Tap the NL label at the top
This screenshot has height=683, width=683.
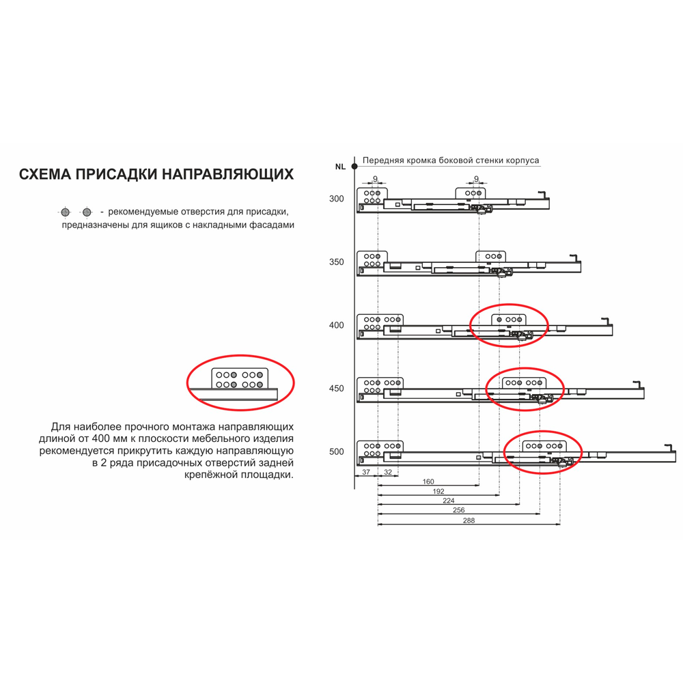tap(340, 167)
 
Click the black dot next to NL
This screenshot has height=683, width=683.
tap(354, 167)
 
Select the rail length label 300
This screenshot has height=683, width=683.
tap(336, 199)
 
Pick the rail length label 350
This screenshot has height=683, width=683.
tap(336, 262)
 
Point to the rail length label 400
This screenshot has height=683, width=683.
tap(336, 325)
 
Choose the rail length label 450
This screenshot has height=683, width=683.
tap(336, 388)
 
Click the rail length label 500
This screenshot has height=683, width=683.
tap(336, 451)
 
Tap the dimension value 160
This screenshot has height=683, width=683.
tap(428, 482)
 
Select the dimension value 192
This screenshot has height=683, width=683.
tap(438, 491)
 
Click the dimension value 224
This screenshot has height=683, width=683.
tap(449, 501)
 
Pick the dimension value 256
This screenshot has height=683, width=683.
tap(459, 510)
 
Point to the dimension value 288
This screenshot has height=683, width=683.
tap(469, 520)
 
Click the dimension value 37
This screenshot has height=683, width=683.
tap(366, 472)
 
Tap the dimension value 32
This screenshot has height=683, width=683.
tap(388, 472)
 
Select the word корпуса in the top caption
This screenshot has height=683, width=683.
tap(522, 161)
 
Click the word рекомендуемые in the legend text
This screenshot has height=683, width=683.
tap(143, 212)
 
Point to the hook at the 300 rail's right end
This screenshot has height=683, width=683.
tap(541, 195)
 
